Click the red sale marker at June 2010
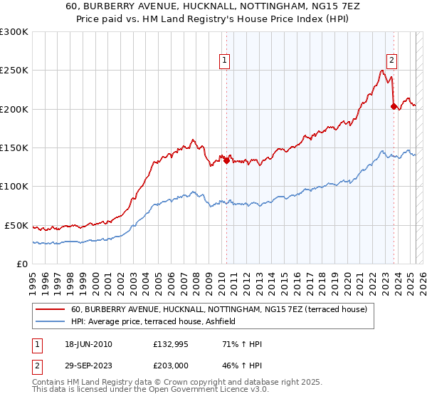pos(227,160)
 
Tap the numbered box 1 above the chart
pos(224,61)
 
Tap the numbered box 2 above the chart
pos(391,61)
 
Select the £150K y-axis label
pos(14,147)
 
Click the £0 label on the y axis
pos(21,264)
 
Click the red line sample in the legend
pos(49,309)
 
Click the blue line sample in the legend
pos(49,322)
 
